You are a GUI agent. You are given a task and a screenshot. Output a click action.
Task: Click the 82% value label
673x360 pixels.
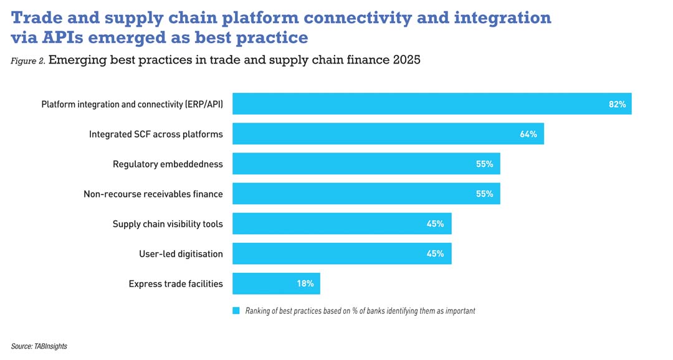click(x=617, y=104)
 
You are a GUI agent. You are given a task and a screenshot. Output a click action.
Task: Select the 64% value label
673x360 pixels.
click(x=528, y=134)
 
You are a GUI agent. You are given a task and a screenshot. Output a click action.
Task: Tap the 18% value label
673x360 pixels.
click(x=305, y=283)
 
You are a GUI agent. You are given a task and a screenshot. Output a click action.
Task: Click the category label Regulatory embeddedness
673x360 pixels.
click(x=168, y=164)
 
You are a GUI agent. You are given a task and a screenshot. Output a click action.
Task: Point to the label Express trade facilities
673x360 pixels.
click(x=176, y=283)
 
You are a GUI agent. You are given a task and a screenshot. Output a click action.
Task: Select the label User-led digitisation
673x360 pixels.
click(x=181, y=253)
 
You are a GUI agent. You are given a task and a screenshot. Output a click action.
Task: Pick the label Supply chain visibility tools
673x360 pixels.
click(x=168, y=224)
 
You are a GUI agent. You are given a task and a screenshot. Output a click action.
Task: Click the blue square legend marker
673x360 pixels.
click(x=236, y=310)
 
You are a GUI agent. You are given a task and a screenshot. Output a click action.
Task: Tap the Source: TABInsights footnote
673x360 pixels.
click(x=39, y=346)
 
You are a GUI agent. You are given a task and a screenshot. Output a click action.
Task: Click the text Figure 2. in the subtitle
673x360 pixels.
click(x=27, y=61)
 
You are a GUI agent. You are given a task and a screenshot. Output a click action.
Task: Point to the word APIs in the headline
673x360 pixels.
click(x=62, y=37)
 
